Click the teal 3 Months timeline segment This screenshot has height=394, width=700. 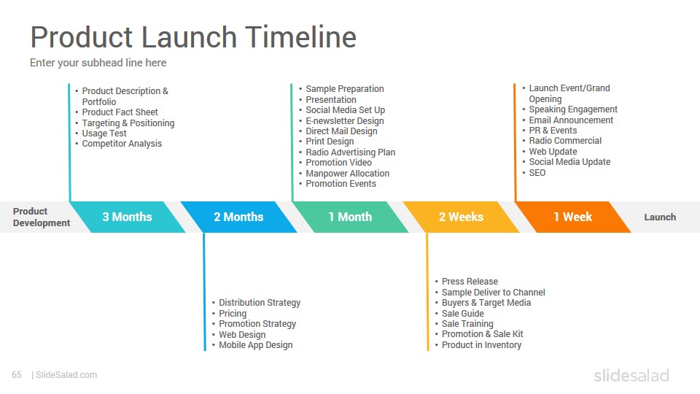(x=127, y=217)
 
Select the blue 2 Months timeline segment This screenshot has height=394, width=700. (x=238, y=217)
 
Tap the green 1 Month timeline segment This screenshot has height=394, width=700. (x=350, y=217)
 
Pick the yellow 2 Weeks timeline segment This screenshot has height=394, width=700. (x=461, y=217)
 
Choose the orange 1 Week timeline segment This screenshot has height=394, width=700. (x=573, y=217)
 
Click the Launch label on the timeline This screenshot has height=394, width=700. (x=660, y=217)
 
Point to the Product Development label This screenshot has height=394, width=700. (x=41, y=217)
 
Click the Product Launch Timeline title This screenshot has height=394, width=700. (x=193, y=36)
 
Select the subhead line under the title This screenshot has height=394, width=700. (x=98, y=63)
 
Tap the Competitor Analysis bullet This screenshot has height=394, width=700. (x=122, y=144)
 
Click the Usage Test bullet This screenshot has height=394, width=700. (x=104, y=134)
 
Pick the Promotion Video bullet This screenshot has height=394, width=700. (x=338, y=163)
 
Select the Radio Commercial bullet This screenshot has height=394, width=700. (x=565, y=141)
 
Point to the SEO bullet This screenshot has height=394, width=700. (x=537, y=173)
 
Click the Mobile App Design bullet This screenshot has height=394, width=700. (x=255, y=345)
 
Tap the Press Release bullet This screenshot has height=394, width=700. (x=470, y=282)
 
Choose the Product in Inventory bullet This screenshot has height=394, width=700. (x=481, y=345)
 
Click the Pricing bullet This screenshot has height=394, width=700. (x=232, y=314)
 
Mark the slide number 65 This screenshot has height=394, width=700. (x=17, y=375)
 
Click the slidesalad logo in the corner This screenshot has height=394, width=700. (x=631, y=375)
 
